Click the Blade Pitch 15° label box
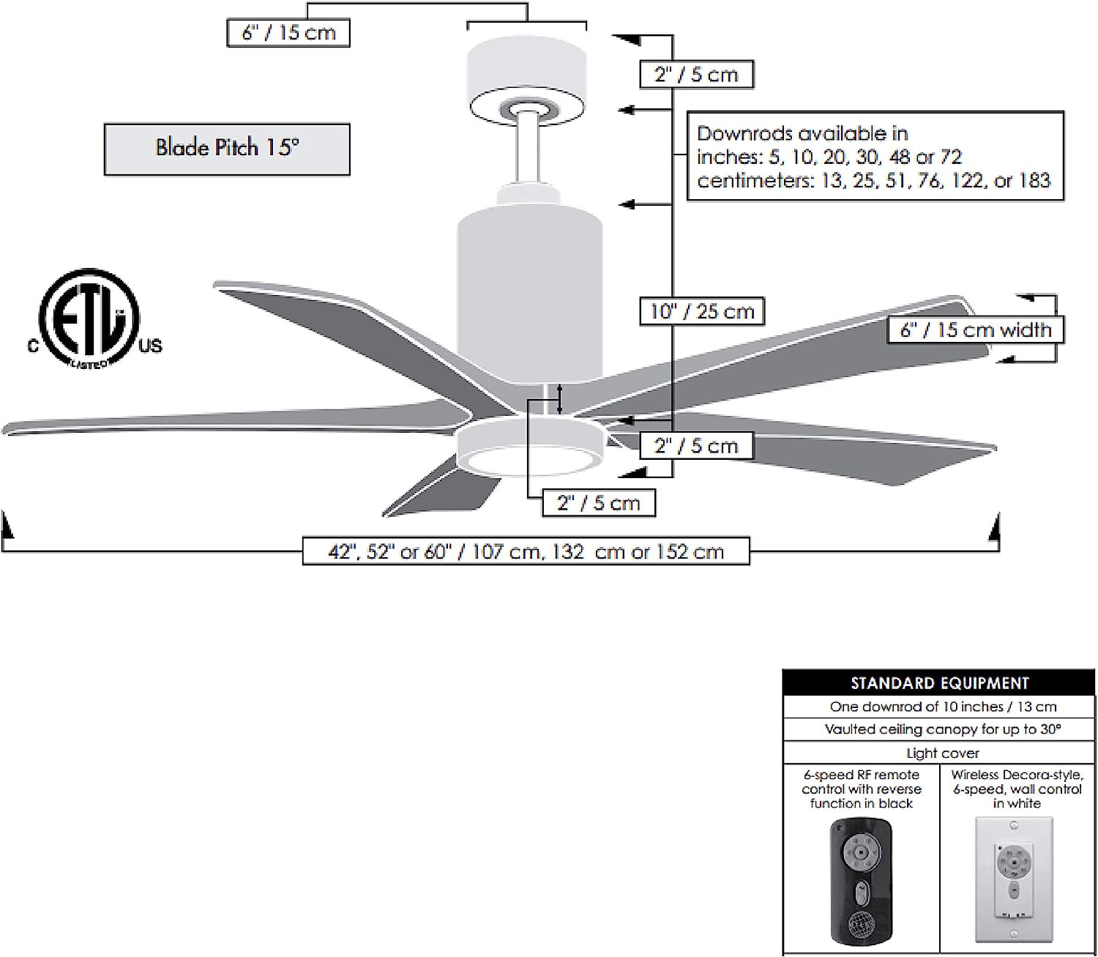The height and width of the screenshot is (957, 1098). pos(227,149)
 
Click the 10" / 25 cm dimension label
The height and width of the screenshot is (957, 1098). pos(702,311)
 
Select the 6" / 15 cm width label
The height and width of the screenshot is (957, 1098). pos(975,329)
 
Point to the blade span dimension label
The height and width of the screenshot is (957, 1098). pos(526,551)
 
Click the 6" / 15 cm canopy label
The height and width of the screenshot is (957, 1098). pos(288,33)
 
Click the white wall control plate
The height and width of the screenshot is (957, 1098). pos(1014,879)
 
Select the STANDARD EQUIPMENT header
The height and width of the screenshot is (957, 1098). pos(938,682)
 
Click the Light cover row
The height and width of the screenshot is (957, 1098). pos(938,753)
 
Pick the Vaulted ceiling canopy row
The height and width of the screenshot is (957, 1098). pos(938,729)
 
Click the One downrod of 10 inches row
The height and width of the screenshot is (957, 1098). pos(938,707)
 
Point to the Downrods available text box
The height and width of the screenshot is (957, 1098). pos(875,156)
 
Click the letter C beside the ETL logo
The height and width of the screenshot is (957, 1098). pos(33,346)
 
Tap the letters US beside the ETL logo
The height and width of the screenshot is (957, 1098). pos(150,346)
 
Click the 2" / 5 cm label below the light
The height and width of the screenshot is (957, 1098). pos(598,503)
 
